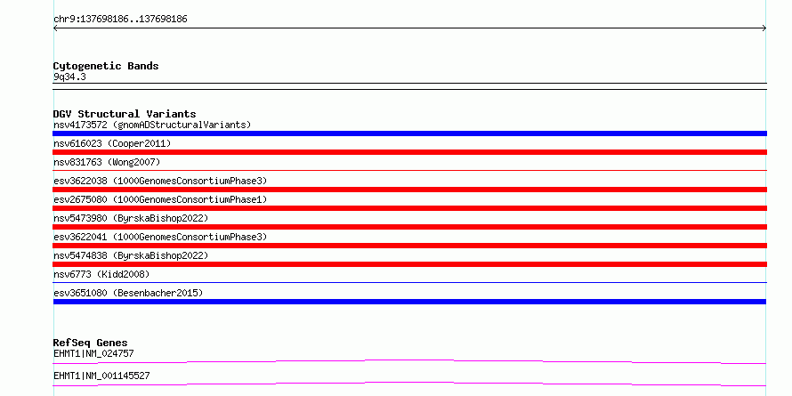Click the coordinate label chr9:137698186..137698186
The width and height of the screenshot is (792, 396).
click(x=120, y=20)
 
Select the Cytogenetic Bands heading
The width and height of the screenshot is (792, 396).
click(x=106, y=66)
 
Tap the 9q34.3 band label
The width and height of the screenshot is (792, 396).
click(x=69, y=77)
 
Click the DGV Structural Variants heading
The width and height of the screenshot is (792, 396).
click(x=125, y=114)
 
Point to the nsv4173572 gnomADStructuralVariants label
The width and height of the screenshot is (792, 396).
click(x=152, y=125)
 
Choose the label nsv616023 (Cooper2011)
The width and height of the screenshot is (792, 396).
click(x=112, y=143)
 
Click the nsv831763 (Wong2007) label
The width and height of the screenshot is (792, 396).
click(x=107, y=162)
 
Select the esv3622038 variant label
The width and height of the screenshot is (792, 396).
click(x=160, y=181)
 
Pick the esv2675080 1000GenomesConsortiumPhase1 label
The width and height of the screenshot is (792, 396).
click(x=160, y=199)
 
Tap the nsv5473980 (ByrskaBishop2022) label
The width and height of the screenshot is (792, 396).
click(x=131, y=218)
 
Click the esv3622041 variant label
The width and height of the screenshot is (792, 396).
click(x=160, y=237)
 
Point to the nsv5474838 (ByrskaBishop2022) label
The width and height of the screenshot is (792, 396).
click(x=131, y=255)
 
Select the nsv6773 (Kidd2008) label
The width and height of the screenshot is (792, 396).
click(x=101, y=274)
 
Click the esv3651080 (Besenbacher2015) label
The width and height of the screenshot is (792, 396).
click(x=128, y=293)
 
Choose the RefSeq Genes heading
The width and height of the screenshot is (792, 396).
click(x=91, y=343)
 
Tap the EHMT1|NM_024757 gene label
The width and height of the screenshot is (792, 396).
click(x=93, y=353)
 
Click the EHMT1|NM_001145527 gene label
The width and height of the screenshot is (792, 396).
click(x=101, y=376)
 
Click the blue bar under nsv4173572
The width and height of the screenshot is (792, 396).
click(x=409, y=133)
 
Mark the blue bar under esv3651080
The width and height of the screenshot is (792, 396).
click(x=409, y=302)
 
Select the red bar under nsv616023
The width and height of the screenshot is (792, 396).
click(x=409, y=152)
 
